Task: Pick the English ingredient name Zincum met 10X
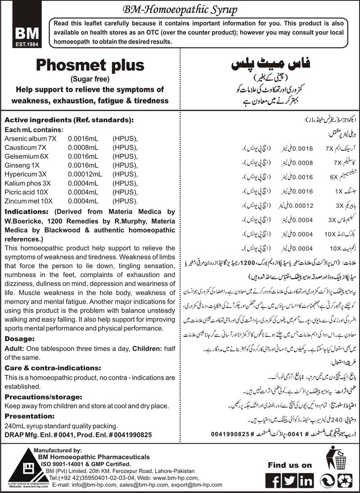28,202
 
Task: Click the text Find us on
289,465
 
